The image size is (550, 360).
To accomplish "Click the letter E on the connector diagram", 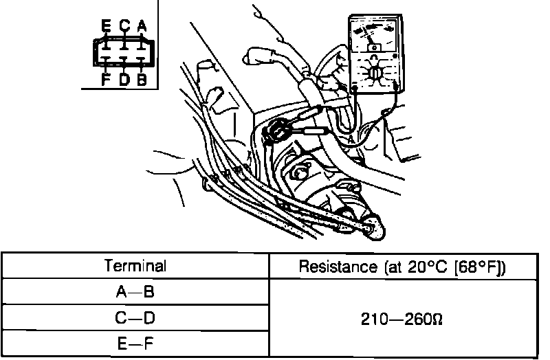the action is [x=105, y=26].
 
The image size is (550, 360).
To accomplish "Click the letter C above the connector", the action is [x=124, y=26].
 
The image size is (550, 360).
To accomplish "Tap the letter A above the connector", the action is [x=142, y=26].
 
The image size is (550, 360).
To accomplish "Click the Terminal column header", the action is [x=135, y=266].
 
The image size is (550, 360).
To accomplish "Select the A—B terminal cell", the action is [x=135, y=292].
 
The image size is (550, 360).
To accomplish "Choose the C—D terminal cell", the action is [x=135, y=318].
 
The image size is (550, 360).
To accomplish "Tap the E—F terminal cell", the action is [x=135, y=344].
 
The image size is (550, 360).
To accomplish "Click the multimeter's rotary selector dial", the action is [x=374, y=73].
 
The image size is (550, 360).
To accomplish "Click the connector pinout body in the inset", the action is [x=124, y=52].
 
